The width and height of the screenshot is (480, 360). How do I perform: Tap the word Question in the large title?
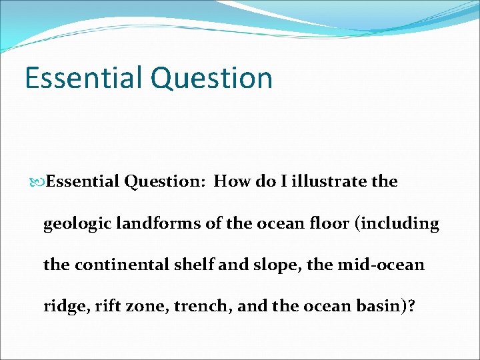(211, 77)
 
